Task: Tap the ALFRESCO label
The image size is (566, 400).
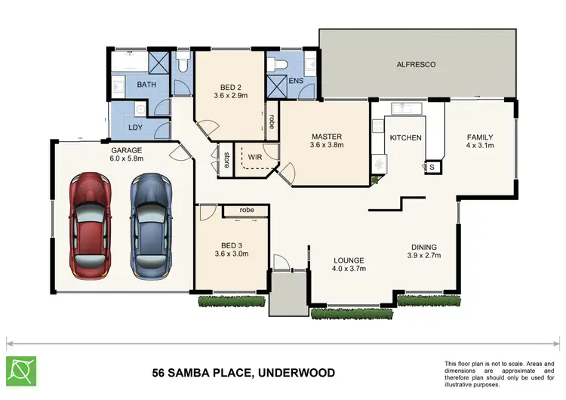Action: [x=417, y=65]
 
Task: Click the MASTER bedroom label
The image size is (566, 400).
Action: [x=328, y=137]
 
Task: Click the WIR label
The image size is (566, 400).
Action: [x=254, y=158]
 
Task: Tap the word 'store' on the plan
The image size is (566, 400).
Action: [x=226, y=160]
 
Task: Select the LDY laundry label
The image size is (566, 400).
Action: [x=135, y=128]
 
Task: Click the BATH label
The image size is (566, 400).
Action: [x=146, y=85]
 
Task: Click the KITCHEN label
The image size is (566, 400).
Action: [x=405, y=137]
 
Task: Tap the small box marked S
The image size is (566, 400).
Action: [x=433, y=168]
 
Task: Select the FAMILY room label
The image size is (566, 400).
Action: [x=479, y=137]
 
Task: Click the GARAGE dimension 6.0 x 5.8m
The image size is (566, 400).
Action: [x=127, y=158]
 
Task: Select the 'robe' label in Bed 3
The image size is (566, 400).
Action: [x=246, y=209]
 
